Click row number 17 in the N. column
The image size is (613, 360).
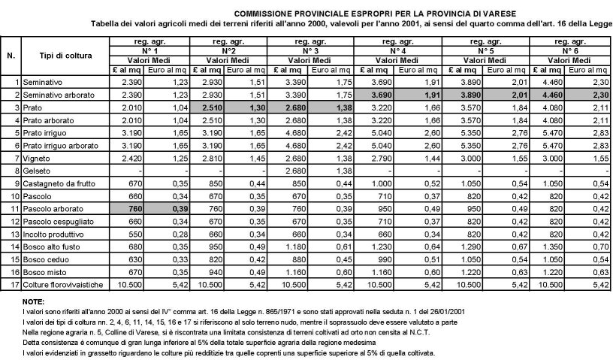14,286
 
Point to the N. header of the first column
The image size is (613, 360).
11,56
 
